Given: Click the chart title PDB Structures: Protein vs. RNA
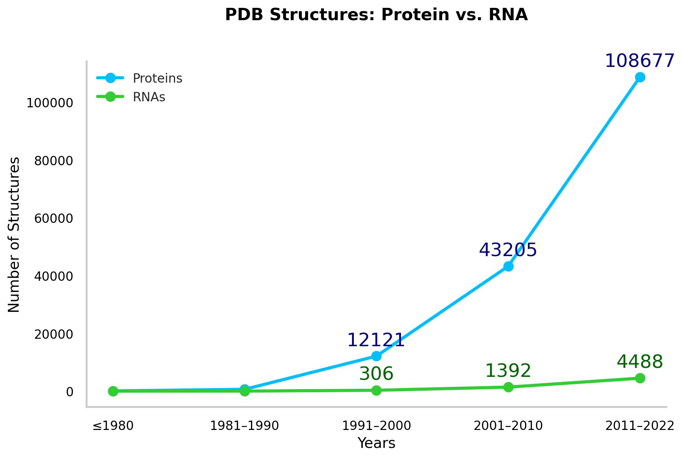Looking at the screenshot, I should (376, 15).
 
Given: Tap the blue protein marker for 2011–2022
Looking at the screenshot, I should (640, 77).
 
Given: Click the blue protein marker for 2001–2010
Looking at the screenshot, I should (508, 267).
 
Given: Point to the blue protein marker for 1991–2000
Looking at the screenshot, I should (377, 356).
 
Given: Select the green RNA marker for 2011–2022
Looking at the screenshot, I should (640, 378).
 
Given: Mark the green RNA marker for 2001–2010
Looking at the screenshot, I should (508, 387).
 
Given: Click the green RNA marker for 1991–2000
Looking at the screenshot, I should (377, 390).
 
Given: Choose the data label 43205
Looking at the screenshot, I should (508, 250).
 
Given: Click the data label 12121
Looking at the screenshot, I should (376, 340).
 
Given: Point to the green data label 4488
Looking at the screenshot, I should (640, 362).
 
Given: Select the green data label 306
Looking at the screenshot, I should (376, 374).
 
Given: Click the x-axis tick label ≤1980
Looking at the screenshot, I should (113, 426).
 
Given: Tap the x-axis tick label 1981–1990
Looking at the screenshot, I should (245, 426).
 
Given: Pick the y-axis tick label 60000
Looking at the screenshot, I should (53, 218).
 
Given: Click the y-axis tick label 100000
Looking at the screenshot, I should (49, 103).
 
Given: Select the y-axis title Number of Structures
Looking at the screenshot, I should (14, 234).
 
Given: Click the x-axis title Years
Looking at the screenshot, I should (376, 443).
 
